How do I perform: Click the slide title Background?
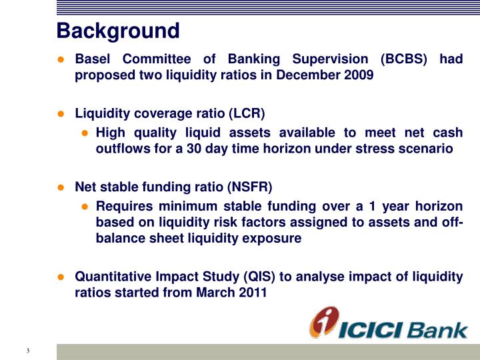point(118,31)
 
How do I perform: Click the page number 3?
point(29,351)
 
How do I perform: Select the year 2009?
point(359,75)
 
